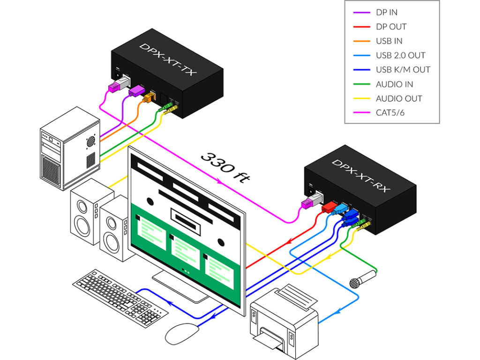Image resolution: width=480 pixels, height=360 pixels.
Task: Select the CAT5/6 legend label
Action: tap(390, 113)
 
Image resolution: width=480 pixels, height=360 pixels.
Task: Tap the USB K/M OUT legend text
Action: tap(403, 70)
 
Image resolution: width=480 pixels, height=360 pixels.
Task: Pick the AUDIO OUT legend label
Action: tap(398, 98)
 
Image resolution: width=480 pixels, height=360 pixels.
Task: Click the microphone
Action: tap(362, 278)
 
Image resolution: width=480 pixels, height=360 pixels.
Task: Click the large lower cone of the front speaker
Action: tap(112, 241)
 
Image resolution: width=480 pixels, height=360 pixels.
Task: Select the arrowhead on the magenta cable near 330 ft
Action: tap(218, 181)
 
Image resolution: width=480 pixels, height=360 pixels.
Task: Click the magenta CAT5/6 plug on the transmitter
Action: tap(115, 86)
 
